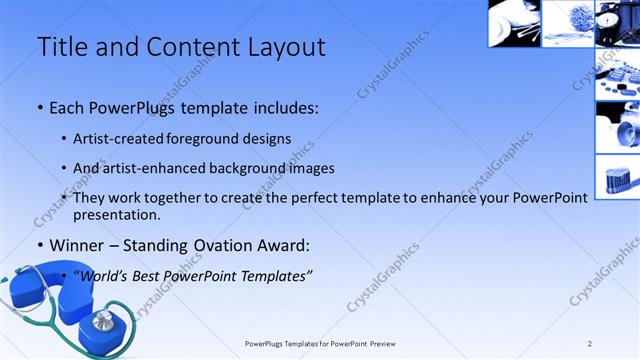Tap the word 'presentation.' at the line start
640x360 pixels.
click(x=117, y=214)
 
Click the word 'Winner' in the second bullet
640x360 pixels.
click(x=76, y=244)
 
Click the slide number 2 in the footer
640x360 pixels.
click(x=590, y=344)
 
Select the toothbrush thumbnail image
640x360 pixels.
click(x=617, y=177)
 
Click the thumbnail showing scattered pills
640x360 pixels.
click(x=617, y=76)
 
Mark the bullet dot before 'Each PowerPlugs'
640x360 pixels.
click(x=39, y=108)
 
